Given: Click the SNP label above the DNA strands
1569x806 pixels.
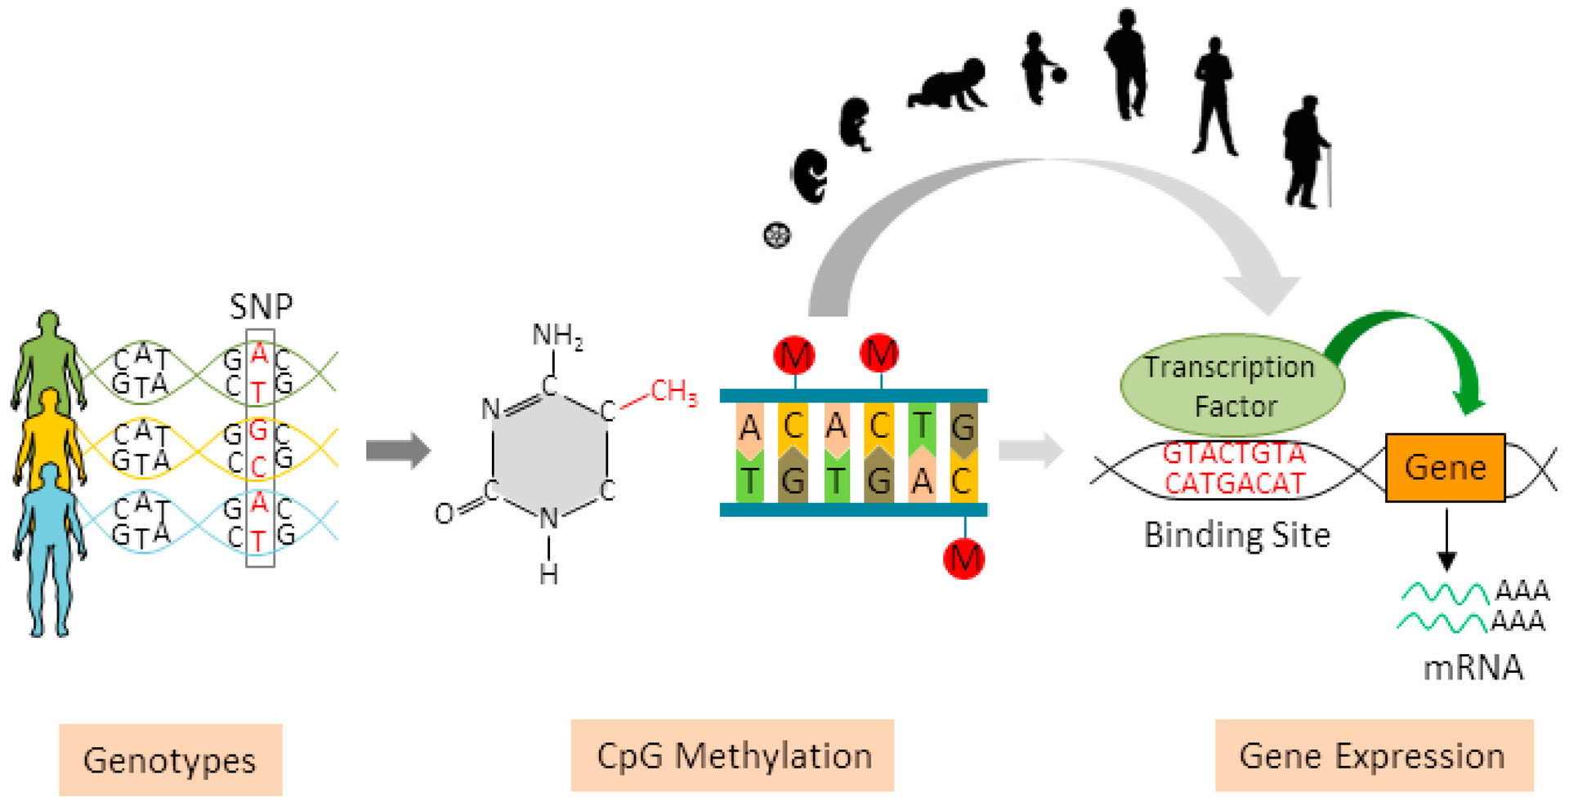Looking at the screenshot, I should pyautogui.click(x=261, y=307).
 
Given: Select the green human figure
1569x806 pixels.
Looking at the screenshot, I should pyautogui.click(x=48, y=359).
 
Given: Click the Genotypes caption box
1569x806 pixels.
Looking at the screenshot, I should pyautogui.click(x=170, y=760).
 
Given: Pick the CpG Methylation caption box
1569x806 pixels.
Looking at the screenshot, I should pyautogui.click(x=732, y=756).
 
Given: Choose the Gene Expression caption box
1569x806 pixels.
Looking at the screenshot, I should pyautogui.click(x=1373, y=756).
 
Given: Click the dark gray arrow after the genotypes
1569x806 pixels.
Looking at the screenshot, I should pyautogui.click(x=397, y=450).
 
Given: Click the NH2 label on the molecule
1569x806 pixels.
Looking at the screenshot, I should pyautogui.click(x=557, y=336).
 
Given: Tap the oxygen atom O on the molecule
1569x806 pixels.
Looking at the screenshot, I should pyautogui.click(x=444, y=514).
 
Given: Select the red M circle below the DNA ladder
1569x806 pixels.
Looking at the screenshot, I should pyautogui.click(x=963, y=559).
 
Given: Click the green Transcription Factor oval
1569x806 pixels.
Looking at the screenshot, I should pyautogui.click(x=1231, y=385).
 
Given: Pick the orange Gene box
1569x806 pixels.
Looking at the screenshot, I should pyautogui.click(x=1445, y=468).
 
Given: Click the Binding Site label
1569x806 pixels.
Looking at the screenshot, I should pyautogui.click(x=1236, y=536).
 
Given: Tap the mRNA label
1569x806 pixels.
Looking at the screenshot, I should pyautogui.click(x=1473, y=668).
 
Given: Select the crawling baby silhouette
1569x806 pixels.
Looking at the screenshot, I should pyautogui.click(x=950, y=86).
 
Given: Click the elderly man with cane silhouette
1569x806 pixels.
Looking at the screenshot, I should pyautogui.click(x=1305, y=154).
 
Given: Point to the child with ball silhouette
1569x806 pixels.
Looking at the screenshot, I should pyautogui.click(x=1039, y=69).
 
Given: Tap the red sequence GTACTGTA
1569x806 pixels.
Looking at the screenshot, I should pyautogui.click(x=1234, y=453).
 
